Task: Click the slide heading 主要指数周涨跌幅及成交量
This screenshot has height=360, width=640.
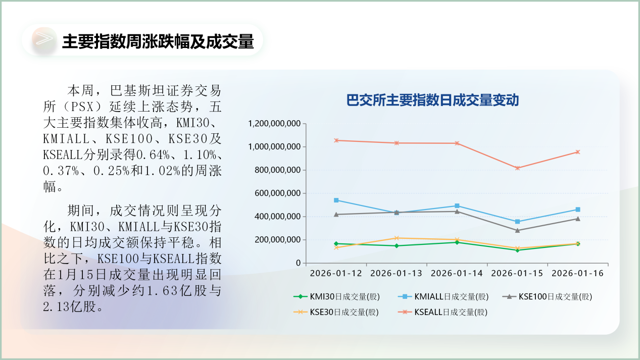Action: tap(157, 41)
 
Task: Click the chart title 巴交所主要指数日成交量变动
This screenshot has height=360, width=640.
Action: tap(432, 100)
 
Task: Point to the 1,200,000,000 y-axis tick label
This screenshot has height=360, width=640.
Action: tap(274, 124)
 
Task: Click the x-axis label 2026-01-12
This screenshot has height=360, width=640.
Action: tap(336, 273)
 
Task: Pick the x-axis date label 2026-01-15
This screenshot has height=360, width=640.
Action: tap(517, 273)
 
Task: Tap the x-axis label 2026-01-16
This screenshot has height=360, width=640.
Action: tap(577, 273)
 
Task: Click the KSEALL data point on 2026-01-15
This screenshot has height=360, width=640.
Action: tap(517, 168)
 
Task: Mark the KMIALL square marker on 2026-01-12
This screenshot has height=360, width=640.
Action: tap(336, 200)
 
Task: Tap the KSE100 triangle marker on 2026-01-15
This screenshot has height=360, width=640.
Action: tap(517, 230)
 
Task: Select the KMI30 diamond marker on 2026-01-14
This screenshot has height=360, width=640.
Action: tap(457, 242)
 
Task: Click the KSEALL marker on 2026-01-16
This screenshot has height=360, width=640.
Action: tap(578, 152)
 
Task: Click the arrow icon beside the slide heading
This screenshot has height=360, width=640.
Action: tap(43, 40)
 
